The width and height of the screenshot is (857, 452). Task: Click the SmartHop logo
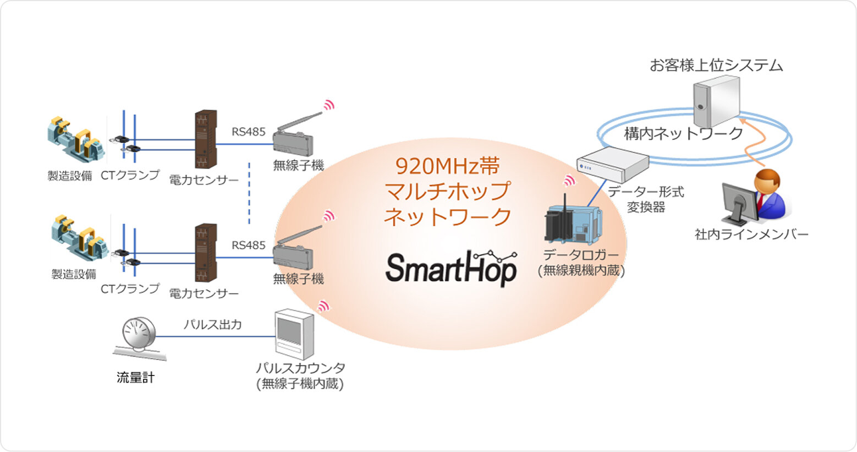451,268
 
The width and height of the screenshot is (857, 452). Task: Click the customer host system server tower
716,101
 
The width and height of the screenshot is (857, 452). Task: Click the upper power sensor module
205,139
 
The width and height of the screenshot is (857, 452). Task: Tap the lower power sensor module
205,252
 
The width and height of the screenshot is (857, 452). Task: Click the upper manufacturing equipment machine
75,140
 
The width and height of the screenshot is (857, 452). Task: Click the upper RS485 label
248,132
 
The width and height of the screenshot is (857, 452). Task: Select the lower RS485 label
248,246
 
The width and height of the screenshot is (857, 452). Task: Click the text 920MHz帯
447,166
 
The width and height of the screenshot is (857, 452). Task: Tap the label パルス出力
212,325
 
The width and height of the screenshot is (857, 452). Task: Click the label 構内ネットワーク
683,133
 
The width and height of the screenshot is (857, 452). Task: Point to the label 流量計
135,378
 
